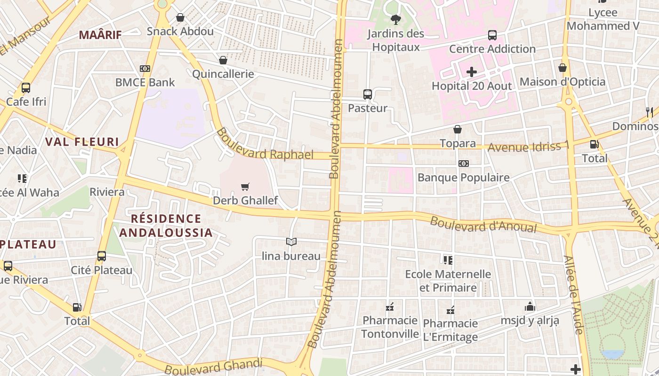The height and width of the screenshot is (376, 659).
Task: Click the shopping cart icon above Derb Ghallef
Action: pyautogui.click(x=245, y=187)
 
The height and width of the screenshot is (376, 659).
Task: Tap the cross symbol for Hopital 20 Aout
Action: pyautogui.click(x=472, y=72)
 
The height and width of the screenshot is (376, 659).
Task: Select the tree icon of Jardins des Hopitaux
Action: pyautogui.click(x=395, y=19)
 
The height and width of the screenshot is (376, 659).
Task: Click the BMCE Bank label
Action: pyautogui.click(x=145, y=82)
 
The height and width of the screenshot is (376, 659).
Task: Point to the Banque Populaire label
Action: pyautogui.click(x=464, y=177)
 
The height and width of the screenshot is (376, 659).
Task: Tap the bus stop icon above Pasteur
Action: pyautogui.click(x=368, y=94)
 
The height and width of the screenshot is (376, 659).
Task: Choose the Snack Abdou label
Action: pyautogui.click(x=180, y=31)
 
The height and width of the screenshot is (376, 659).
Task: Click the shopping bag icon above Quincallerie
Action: pyautogui.click(x=223, y=60)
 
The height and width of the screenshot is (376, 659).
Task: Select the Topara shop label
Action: pyautogui.click(x=458, y=143)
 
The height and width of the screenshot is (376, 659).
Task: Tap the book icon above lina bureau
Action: pyautogui.click(x=291, y=242)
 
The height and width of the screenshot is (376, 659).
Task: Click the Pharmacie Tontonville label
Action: pyautogui.click(x=390, y=327)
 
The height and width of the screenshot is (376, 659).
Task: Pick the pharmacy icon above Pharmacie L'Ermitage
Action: pyautogui.click(x=450, y=310)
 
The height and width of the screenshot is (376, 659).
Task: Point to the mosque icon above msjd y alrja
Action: pyautogui.click(x=530, y=306)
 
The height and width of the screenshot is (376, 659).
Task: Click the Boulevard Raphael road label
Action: pyautogui.click(x=265, y=145)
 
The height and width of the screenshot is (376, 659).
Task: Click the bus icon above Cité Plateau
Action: pyautogui.click(x=102, y=256)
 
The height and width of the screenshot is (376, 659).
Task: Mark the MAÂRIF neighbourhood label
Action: pyautogui.click(x=100, y=35)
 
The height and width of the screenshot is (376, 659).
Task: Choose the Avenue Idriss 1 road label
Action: pyautogui.click(x=528, y=147)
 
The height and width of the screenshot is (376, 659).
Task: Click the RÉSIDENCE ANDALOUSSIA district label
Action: pyautogui.click(x=166, y=226)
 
